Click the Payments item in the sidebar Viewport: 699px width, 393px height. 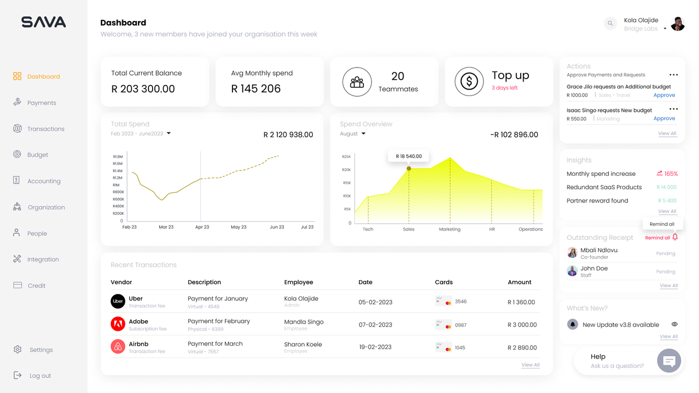[41, 103]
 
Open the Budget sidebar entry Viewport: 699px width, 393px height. [37, 155]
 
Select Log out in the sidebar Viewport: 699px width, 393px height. [40, 376]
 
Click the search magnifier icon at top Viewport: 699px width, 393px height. [610, 23]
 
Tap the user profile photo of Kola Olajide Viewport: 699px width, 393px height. [677, 24]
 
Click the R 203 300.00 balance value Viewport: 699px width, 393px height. [143, 89]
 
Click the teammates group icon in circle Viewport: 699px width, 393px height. [357, 82]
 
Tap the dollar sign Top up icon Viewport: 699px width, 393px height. [469, 82]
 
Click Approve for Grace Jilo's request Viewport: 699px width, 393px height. [664, 95]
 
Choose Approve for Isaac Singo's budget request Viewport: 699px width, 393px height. [664, 118]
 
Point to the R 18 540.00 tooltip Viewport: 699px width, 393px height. [408, 156]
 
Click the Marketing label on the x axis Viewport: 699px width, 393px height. [450, 229]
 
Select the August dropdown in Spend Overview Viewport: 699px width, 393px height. [353, 134]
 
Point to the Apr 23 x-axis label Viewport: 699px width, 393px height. [202, 227]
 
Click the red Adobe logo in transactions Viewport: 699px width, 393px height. [118, 324]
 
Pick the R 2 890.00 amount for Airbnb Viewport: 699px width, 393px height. [521, 348]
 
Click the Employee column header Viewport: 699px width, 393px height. [298, 282]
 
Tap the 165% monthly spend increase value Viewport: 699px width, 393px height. [670, 174]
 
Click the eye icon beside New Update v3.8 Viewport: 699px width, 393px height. [674, 324]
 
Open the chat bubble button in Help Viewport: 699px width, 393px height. [669, 361]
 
